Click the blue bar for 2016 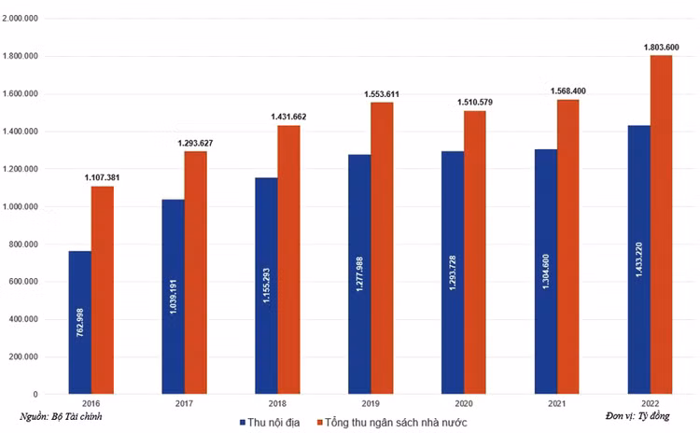[x=80, y=322]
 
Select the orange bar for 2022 [x=661, y=224]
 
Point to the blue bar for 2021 [x=546, y=271]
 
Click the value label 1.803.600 [x=661, y=46]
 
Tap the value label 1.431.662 [x=288, y=117]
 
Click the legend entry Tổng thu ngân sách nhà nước [x=400, y=422]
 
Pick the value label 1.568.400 [x=567, y=91]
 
